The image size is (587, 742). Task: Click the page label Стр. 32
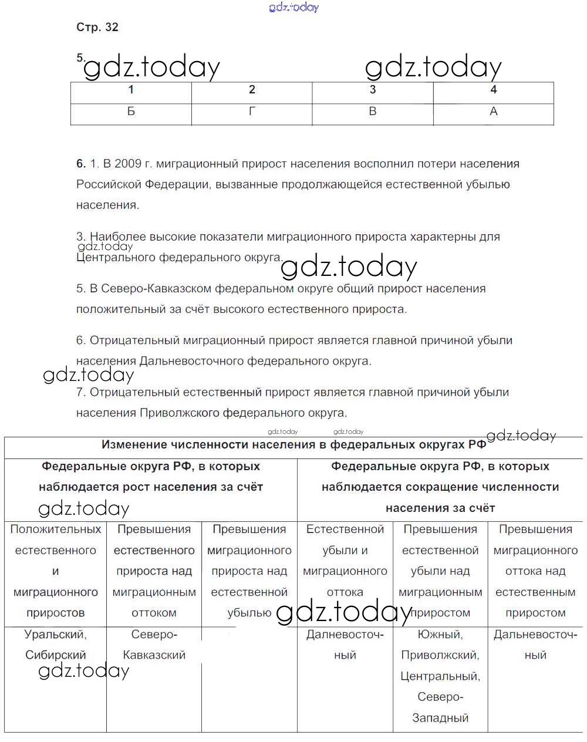click(x=97, y=27)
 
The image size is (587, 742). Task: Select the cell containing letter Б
click(x=131, y=112)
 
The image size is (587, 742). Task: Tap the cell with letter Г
click(x=252, y=112)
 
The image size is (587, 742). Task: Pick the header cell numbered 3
click(x=373, y=90)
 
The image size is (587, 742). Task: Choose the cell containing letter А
click(x=494, y=112)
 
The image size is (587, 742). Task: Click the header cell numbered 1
click(x=131, y=90)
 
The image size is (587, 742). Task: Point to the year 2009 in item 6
click(x=127, y=164)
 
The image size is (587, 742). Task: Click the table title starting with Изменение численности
click(x=293, y=445)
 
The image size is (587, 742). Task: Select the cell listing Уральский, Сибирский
click(x=56, y=645)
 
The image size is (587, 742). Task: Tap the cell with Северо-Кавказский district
click(x=154, y=645)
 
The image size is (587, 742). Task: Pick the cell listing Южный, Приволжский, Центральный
click(x=440, y=676)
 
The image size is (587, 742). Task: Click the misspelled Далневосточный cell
click(x=345, y=645)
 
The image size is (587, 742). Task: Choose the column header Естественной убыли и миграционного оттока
click(x=345, y=561)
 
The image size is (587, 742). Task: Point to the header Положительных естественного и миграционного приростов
click(x=56, y=571)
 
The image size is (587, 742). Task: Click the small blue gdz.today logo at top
click(x=293, y=7)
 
